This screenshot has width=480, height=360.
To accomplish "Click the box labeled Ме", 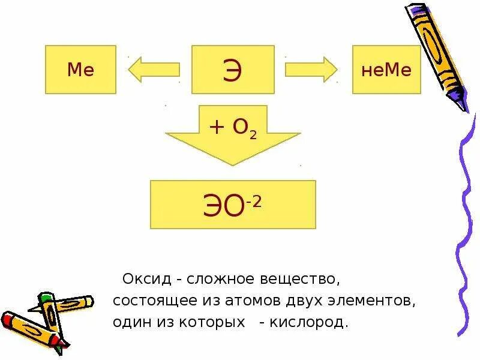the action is click(80, 70).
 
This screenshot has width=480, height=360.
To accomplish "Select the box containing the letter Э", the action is click(233, 70).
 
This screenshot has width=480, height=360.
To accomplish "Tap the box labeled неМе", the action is click(387, 70).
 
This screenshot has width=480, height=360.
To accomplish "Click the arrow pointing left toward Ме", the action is click(154, 69).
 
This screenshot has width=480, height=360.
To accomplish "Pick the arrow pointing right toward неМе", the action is click(311, 69).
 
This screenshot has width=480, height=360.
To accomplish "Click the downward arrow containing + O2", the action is click(233, 137).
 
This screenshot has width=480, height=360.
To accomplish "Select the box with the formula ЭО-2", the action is click(233, 205).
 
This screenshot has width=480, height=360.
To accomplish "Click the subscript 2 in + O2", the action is click(253, 136).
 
